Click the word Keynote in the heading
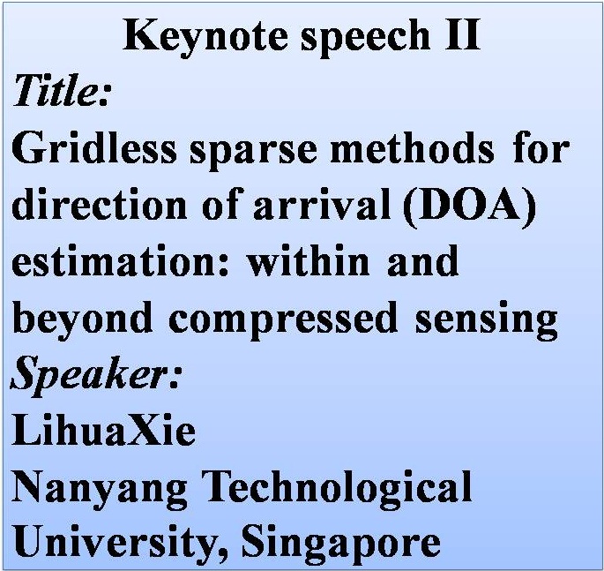pyautogui.click(x=205, y=37)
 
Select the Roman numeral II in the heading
pyautogui.click(x=462, y=35)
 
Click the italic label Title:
pyautogui.click(x=62, y=90)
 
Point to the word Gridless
pyautogui.click(x=94, y=147)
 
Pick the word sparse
pyautogui.click(x=253, y=153)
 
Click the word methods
pyautogui.click(x=412, y=147)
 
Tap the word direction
pyautogui.click(x=100, y=205)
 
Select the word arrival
pyautogui.click(x=322, y=205)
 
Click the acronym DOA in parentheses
pyautogui.click(x=471, y=207)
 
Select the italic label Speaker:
pyautogui.click(x=94, y=376)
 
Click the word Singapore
pyautogui.click(x=341, y=544)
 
